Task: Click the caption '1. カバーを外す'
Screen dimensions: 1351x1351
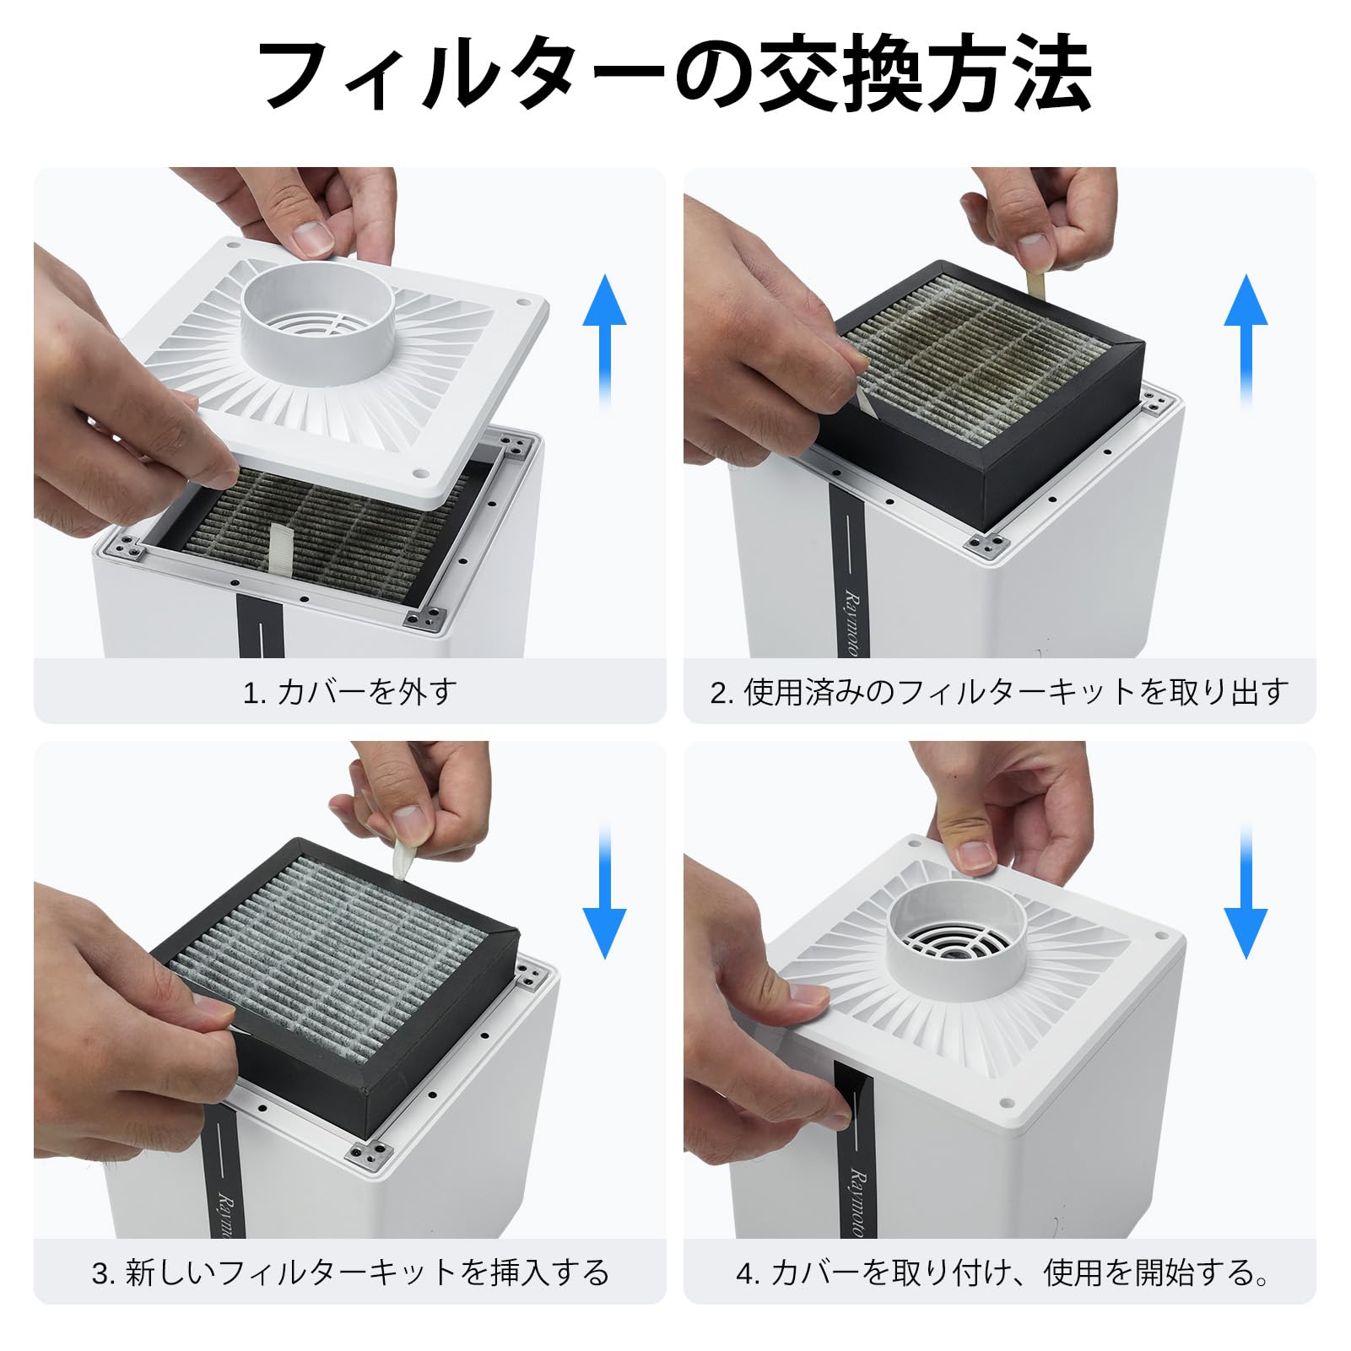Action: click(x=350, y=693)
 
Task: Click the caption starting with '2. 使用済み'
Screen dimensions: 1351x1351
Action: click(x=1000, y=693)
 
